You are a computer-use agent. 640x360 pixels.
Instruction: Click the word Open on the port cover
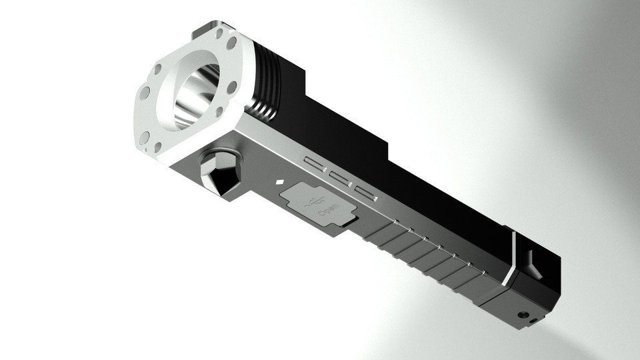click(x=327, y=213)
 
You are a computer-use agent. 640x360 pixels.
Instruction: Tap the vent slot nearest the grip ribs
click(x=366, y=194)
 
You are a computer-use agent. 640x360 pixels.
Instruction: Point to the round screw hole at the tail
click(x=523, y=314)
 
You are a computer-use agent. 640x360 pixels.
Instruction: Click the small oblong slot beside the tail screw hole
click(x=533, y=321)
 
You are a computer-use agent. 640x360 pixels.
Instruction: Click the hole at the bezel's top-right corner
click(x=231, y=43)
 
